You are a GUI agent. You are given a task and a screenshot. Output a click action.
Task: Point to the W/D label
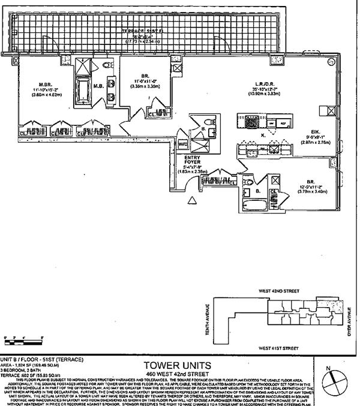(x=183, y=145)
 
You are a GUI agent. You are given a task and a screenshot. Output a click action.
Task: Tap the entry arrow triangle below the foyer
(x=192, y=200)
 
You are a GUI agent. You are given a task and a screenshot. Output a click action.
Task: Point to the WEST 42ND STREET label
(x=279, y=290)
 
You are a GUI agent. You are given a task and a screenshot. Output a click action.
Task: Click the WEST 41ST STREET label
(x=278, y=347)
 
